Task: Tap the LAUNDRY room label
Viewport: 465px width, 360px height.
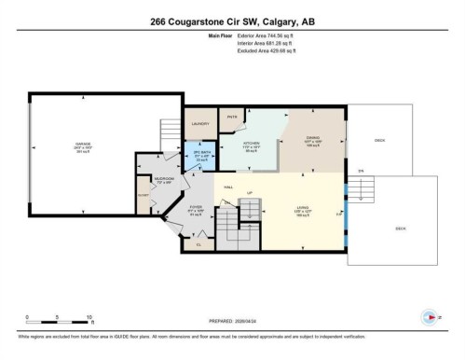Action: pos(198,123)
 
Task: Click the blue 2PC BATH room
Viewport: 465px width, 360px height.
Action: pos(200,157)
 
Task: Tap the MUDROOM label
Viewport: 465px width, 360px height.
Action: pos(165,180)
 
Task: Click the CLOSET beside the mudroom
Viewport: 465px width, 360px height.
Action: pos(142,196)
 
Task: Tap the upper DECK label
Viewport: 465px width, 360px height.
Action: pos(379,141)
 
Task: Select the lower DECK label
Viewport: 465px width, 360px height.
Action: pos(400,228)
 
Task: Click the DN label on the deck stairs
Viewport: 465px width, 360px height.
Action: pos(361,172)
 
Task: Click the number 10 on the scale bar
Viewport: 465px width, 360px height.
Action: pos(86,318)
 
